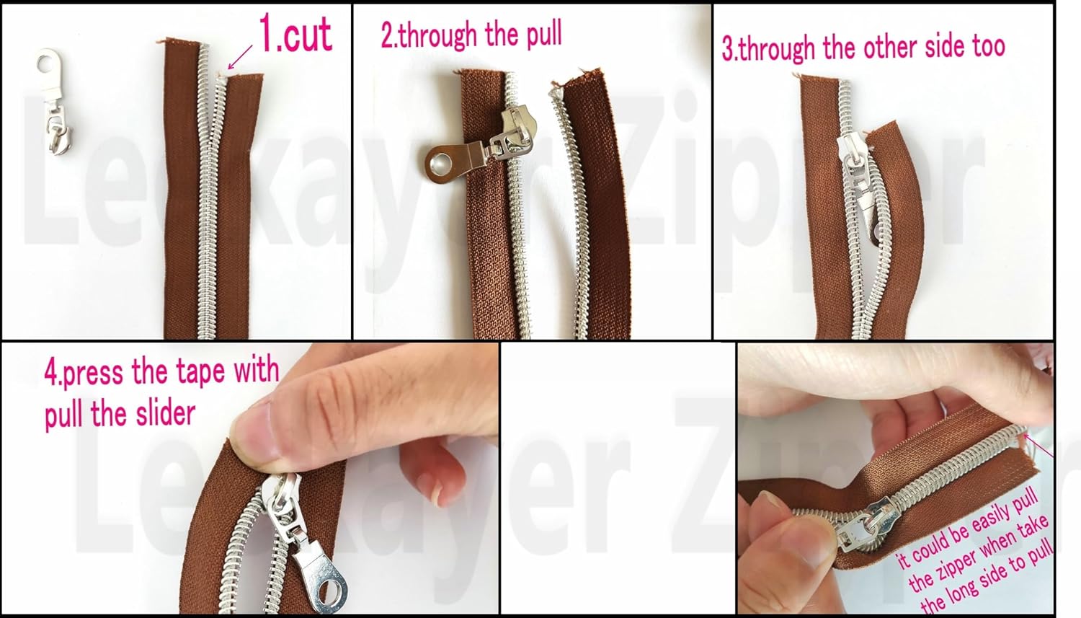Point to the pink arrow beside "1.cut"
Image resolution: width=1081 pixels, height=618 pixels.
tap(240, 57)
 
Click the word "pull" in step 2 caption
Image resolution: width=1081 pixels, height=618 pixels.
tap(544, 36)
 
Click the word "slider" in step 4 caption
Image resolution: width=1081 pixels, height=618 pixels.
tap(165, 414)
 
